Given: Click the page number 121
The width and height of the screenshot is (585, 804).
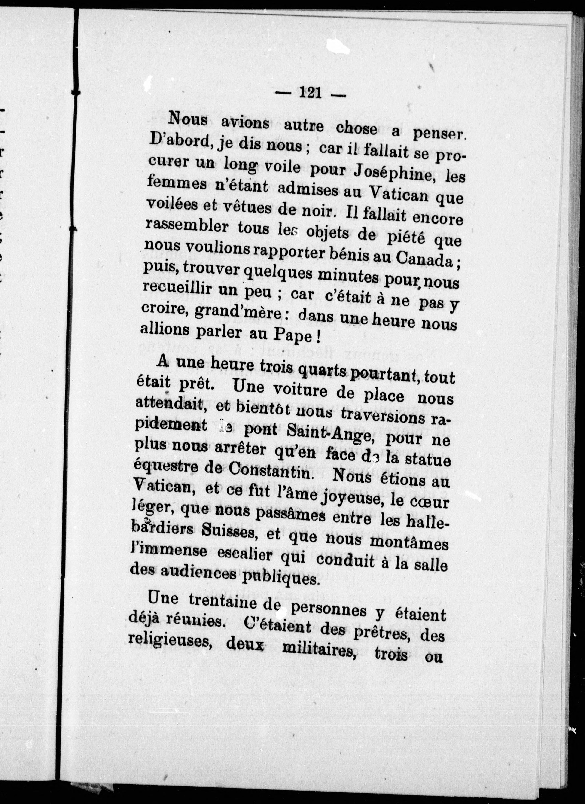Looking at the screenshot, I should pos(311,93).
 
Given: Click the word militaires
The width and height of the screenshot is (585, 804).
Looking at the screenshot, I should pos(319,650).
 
